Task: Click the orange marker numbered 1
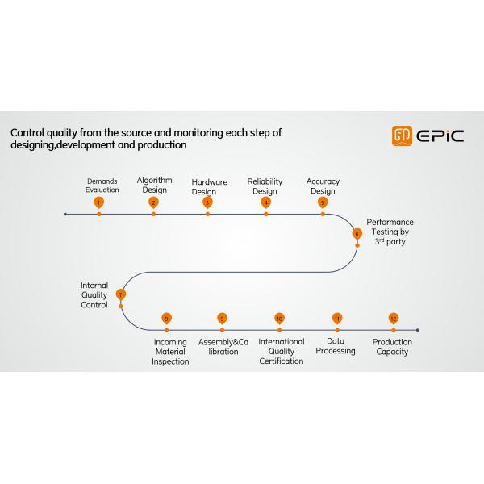point(98,202)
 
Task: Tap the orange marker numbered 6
point(357,234)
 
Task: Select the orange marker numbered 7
point(121,294)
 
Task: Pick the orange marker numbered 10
point(279,319)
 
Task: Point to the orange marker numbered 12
point(394,319)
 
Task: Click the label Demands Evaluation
point(102,186)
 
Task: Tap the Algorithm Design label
point(154,185)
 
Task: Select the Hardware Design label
point(209,187)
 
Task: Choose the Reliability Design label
point(265,186)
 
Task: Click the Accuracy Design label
point(323,186)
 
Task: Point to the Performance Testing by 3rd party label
point(390,232)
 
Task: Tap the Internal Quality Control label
point(94,294)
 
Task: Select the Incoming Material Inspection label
point(170,352)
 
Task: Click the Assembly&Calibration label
point(223,347)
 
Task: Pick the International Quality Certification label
point(282,351)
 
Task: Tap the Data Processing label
point(336,346)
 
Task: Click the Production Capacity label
point(392,347)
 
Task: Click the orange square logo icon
point(402,136)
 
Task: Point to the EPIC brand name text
point(440,136)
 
